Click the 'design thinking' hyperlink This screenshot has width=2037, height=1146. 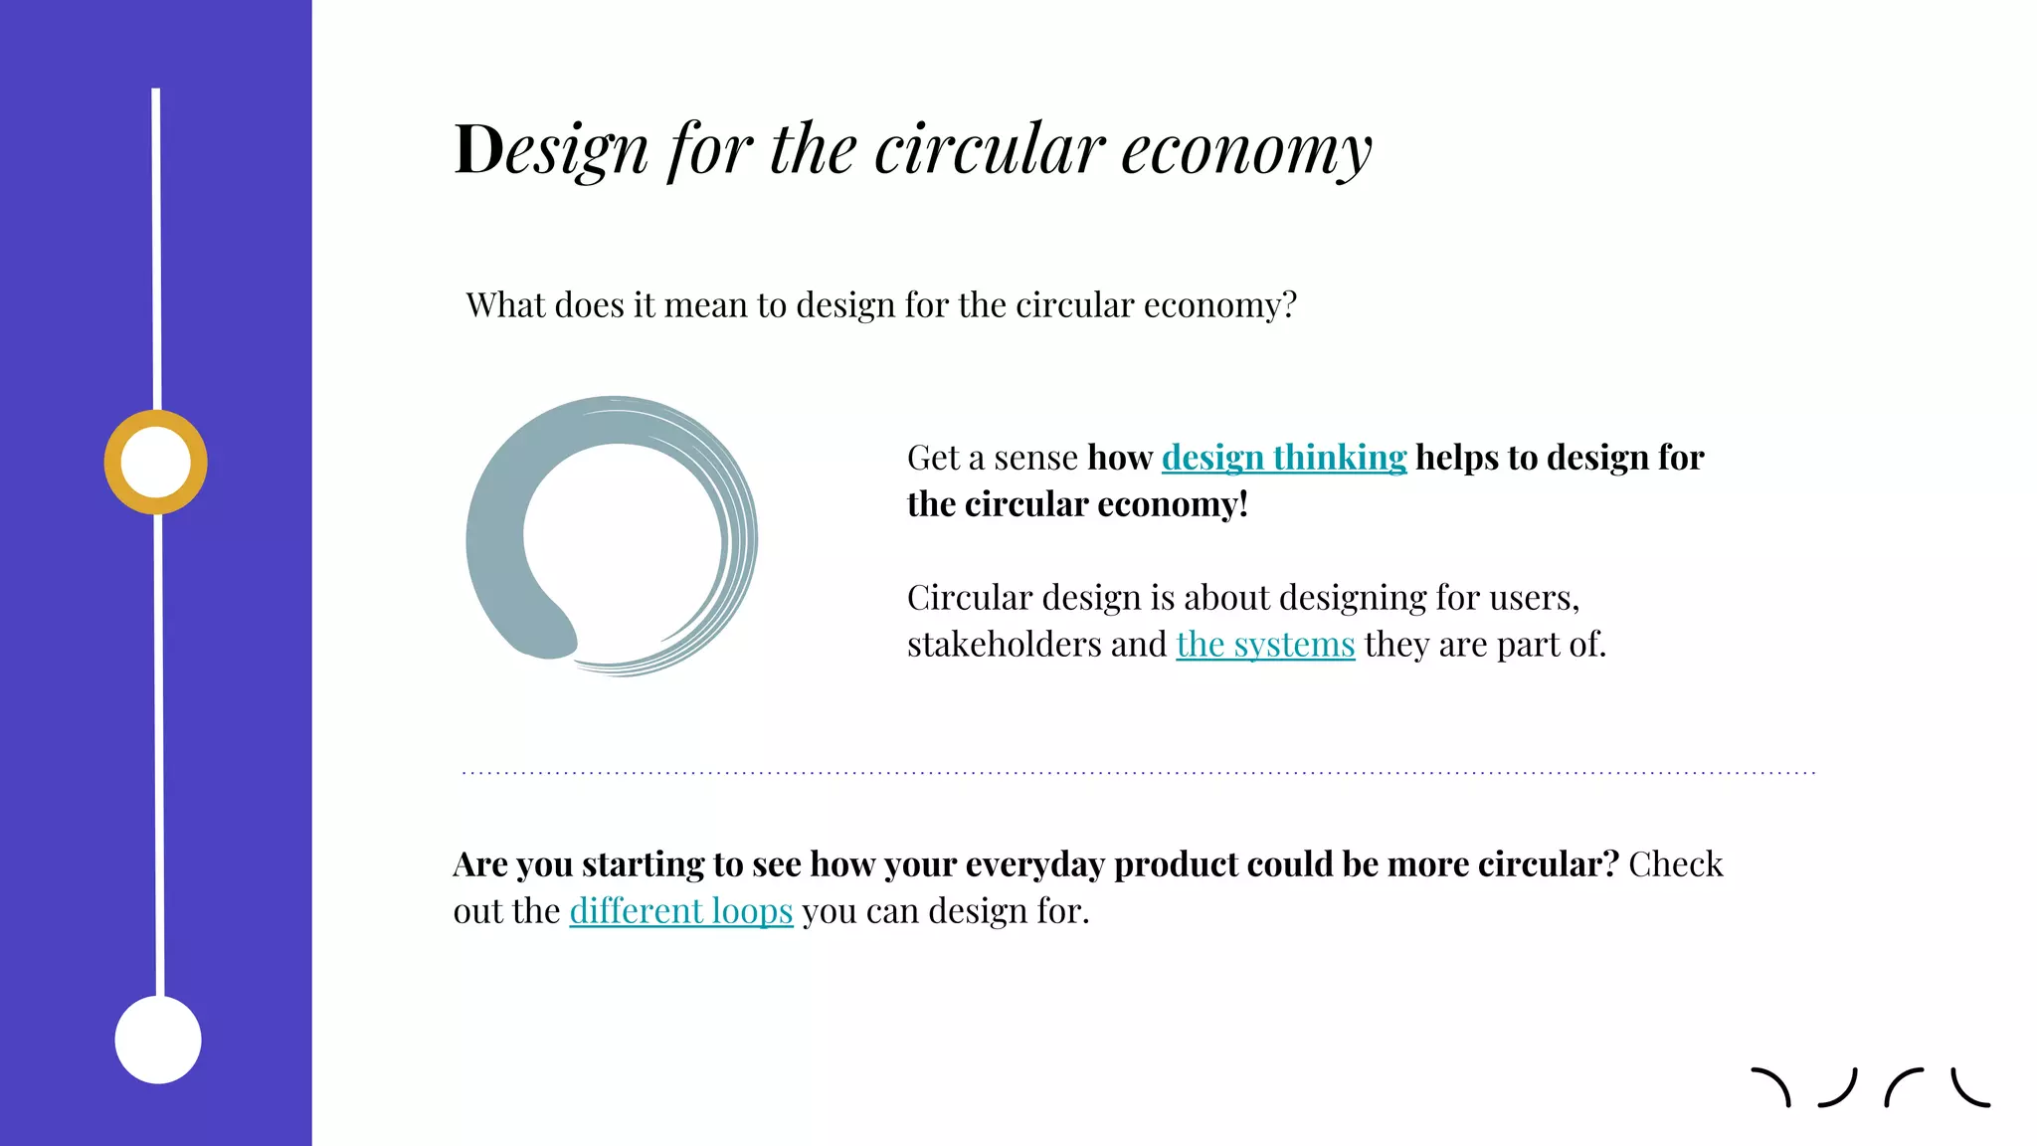[x=1283, y=458]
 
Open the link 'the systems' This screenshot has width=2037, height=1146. [x=1265, y=645]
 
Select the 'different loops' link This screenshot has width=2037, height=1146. [x=680, y=911]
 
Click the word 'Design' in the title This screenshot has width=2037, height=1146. [x=550, y=150]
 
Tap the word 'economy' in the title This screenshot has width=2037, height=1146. [x=1246, y=150]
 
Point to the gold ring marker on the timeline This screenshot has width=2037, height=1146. [x=156, y=463]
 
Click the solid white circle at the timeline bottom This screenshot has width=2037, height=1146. [x=158, y=1040]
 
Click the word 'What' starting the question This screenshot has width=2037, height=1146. [x=504, y=304]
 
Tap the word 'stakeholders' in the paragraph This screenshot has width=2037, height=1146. [x=1004, y=645]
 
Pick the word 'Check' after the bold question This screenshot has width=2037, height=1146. [x=1675, y=864]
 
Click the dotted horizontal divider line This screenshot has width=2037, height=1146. [x=1138, y=772]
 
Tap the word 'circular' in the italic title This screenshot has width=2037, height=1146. [x=990, y=150]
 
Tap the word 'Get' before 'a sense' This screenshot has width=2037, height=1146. [x=933, y=458]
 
